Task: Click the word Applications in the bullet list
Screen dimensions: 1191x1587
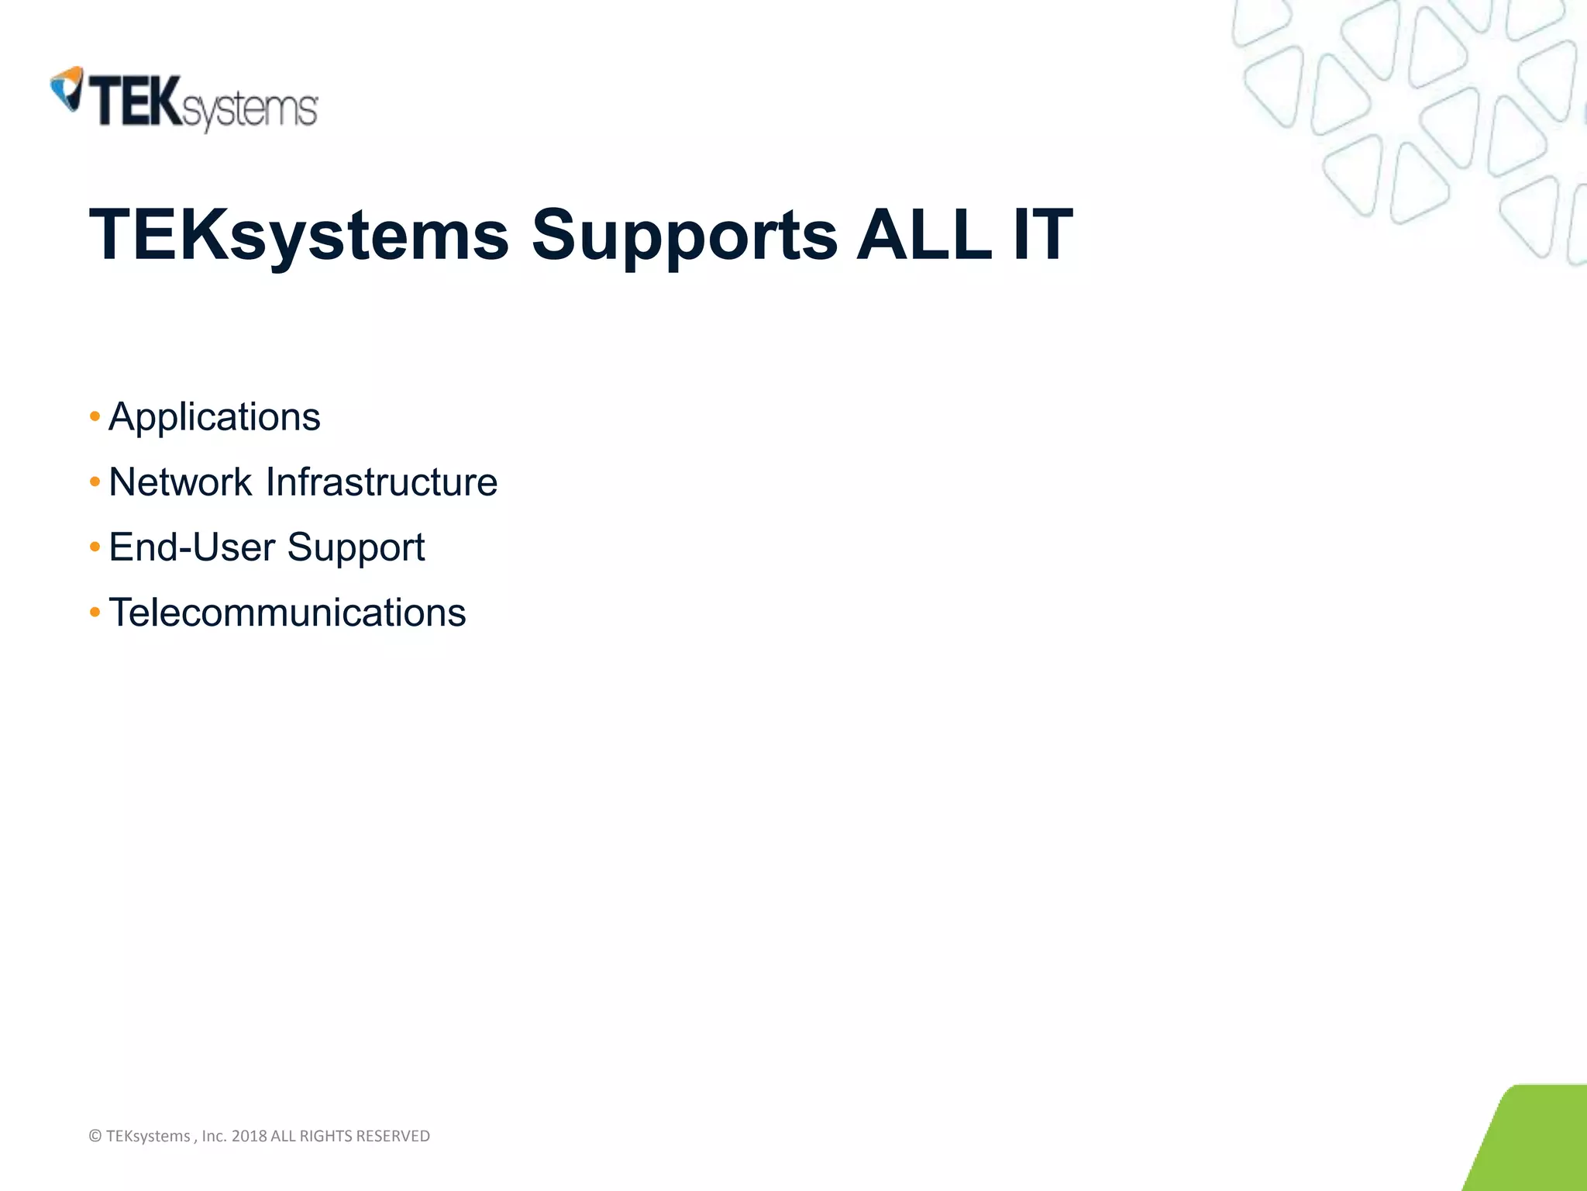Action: pos(215,418)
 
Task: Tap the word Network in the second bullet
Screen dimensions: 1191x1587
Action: pos(180,482)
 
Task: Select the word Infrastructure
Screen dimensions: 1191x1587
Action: pos(381,482)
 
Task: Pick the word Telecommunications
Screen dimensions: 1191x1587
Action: pos(287,613)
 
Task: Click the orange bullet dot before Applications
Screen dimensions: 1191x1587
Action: pos(95,417)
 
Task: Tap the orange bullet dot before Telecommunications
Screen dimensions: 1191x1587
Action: pos(95,613)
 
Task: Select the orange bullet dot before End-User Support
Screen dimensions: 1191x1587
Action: pos(95,547)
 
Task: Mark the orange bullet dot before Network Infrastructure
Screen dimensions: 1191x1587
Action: pos(95,482)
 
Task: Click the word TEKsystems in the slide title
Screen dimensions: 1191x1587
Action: pos(299,235)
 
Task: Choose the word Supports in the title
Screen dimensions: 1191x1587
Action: pos(684,235)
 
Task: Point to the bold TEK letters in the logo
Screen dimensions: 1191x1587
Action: pos(136,101)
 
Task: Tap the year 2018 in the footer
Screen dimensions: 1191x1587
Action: pos(249,1136)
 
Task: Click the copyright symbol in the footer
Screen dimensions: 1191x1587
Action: pos(95,1136)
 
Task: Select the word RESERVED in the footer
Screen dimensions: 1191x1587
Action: pos(393,1136)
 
